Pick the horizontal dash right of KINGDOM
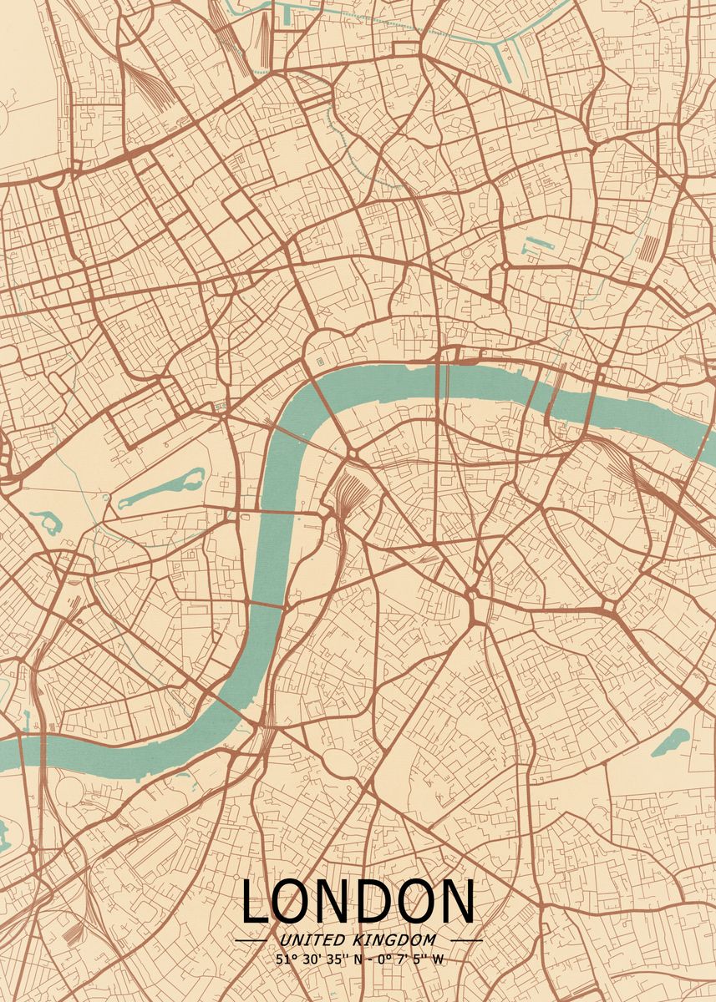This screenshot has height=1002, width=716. pyautogui.click(x=466, y=940)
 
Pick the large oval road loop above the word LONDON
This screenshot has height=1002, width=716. pyautogui.click(x=339, y=761)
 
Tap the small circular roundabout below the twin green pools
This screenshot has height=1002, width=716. pyautogui.click(x=505, y=266)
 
